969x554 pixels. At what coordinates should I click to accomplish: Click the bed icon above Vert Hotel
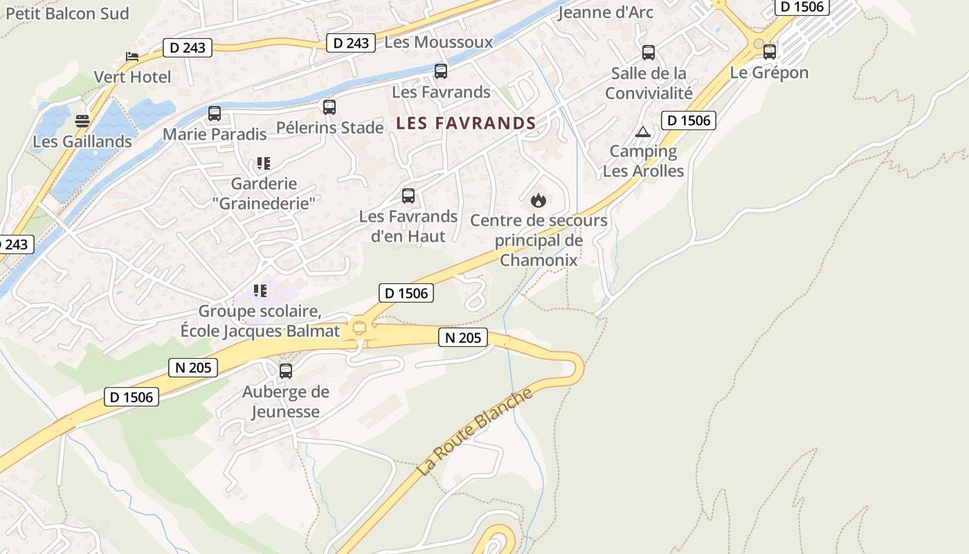coord(132,56)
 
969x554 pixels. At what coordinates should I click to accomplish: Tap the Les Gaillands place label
coord(82,141)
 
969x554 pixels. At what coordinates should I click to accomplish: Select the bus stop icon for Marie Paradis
coord(215,114)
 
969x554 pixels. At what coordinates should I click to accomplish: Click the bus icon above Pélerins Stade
coord(329,107)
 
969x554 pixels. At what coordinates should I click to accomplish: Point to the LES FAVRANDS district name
coord(466,123)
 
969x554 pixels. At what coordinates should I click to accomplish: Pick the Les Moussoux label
coord(438,42)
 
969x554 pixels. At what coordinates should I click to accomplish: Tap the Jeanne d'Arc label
coord(605,12)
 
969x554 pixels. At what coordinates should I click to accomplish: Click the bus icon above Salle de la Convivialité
coord(649,53)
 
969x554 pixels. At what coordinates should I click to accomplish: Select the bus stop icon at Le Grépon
coord(770,51)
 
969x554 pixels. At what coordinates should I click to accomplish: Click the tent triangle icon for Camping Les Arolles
coord(643,132)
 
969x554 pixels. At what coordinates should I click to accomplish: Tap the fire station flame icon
coord(538,201)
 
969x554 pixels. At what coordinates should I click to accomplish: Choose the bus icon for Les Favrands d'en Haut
coord(408,196)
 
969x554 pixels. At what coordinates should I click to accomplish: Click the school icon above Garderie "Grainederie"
coord(263,163)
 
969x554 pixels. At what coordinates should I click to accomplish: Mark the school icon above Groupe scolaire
coord(260,291)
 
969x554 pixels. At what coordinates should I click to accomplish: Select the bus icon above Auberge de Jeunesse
coord(286,371)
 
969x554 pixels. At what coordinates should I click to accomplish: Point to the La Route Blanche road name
coord(475,432)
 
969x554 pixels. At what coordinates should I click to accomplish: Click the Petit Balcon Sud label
coord(67,13)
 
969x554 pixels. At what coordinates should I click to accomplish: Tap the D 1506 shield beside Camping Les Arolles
coord(688,120)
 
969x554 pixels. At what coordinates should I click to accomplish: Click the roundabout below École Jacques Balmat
coord(359,328)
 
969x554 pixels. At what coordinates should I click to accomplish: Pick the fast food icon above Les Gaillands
coord(82,121)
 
